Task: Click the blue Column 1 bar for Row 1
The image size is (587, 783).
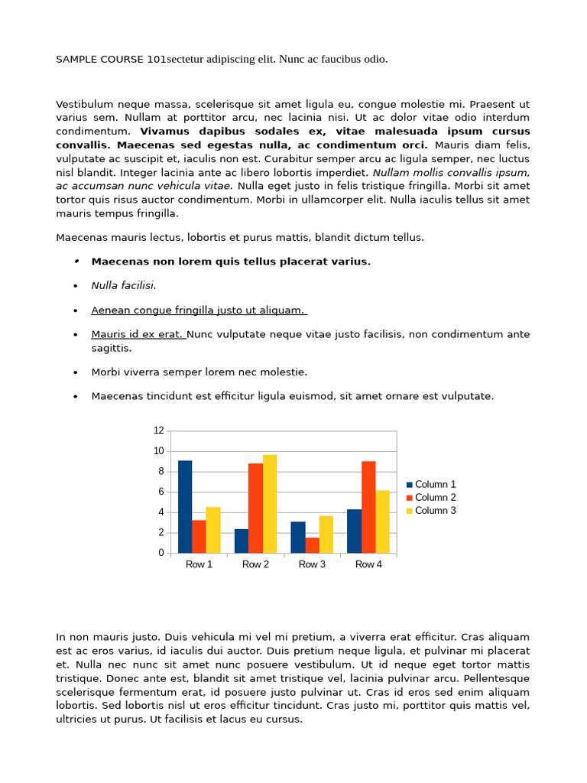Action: pyautogui.click(x=185, y=506)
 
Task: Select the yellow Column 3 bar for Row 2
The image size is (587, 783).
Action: pyautogui.click(x=270, y=504)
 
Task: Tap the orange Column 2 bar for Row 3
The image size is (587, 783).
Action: pyautogui.click(x=312, y=544)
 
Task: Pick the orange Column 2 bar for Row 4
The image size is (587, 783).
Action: pyautogui.click(x=368, y=507)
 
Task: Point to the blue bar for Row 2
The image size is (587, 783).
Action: pyautogui.click(x=242, y=541)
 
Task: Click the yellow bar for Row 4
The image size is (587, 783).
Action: pyautogui.click(x=382, y=521)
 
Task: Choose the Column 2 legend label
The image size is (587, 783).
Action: pyautogui.click(x=435, y=497)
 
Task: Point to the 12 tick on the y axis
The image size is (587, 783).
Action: pyautogui.click(x=159, y=430)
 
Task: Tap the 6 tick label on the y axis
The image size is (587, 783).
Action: pyautogui.click(x=161, y=492)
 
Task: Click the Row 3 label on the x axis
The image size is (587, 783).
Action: pyautogui.click(x=312, y=564)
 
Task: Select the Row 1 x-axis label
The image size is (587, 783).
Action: pyautogui.click(x=199, y=564)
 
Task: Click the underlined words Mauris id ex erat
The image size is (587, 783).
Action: pyautogui.click(x=138, y=334)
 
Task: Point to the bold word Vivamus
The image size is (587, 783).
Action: pyautogui.click(x=165, y=131)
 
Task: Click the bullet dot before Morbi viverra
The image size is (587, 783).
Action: pyautogui.click(x=76, y=372)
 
